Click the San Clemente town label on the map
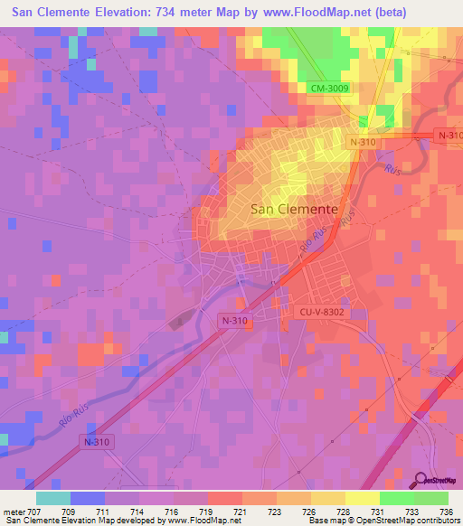(x=293, y=208)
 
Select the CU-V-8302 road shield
(x=323, y=312)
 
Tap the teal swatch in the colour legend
(x=53, y=498)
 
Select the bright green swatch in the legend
(x=397, y=498)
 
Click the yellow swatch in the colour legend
(x=363, y=498)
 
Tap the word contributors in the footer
(x=431, y=521)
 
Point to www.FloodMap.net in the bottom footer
(x=205, y=521)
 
